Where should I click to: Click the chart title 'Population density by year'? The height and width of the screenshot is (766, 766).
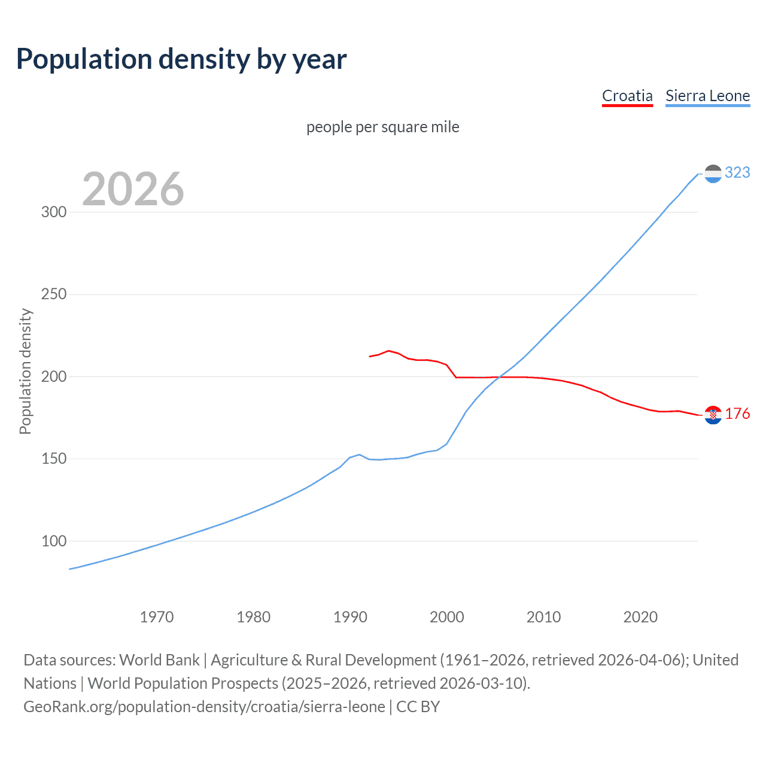pos(181,59)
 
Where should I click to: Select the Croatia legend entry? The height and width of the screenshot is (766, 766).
pos(627,96)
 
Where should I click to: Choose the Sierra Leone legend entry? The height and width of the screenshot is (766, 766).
pos(707,96)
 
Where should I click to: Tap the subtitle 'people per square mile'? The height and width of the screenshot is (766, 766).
pos(382,127)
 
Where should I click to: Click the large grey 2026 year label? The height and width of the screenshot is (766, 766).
pos(133,189)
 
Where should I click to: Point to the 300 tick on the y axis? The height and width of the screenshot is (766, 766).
pos(53,212)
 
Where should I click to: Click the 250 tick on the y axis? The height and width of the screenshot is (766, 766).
pos(53,294)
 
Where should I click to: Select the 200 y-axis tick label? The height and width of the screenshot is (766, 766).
pos(53,376)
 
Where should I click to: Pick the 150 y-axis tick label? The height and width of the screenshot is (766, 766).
pos(53,459)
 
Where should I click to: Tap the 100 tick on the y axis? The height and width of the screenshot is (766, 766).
pos(53,541)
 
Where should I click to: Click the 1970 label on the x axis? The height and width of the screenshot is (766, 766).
pos(156,617)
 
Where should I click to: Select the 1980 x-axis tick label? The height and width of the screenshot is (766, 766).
pos(253,617)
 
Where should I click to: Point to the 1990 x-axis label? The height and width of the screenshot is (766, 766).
pos(350,617)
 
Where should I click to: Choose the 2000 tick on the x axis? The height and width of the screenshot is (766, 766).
pos(446,617)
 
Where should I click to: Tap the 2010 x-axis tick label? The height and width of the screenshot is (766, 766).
pos(543,617)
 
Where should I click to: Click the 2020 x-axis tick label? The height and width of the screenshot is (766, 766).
pos(640,617)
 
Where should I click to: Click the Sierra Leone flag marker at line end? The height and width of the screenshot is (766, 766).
pos(713,174)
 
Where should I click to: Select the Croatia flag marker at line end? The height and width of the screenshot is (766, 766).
pos(713,415)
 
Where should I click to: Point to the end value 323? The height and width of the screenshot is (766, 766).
pos(737,173)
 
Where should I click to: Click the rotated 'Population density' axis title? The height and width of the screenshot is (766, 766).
pos(25,371)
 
